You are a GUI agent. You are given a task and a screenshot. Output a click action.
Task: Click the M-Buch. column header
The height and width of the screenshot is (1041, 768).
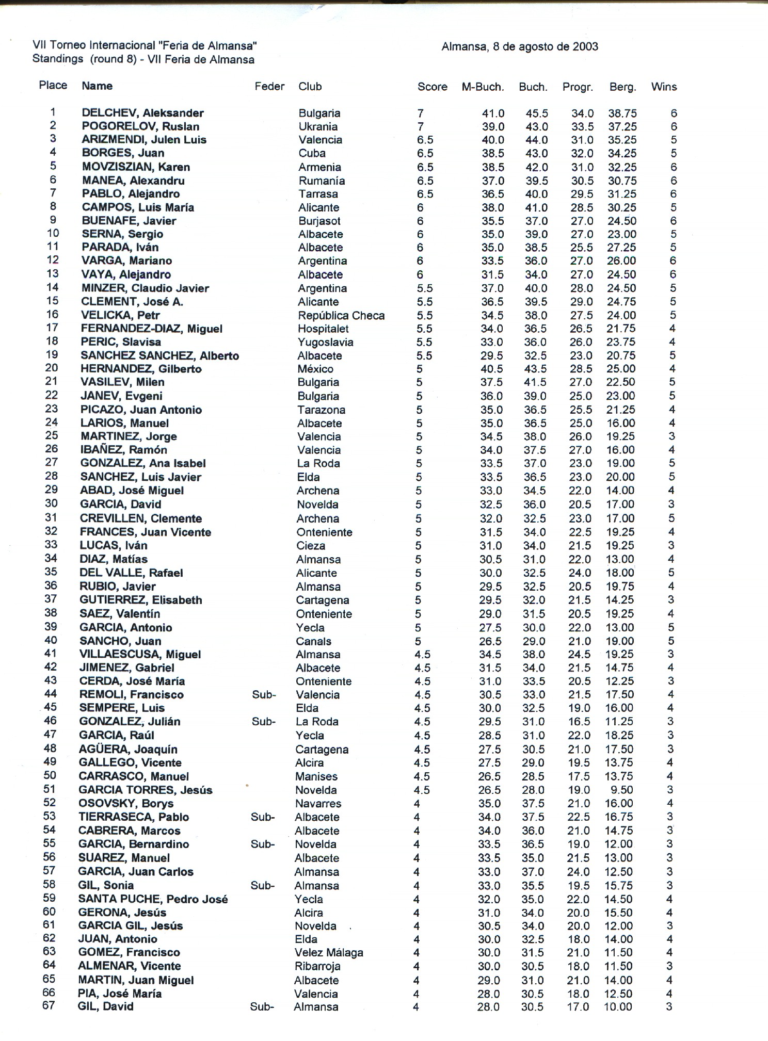[x=482, y=87]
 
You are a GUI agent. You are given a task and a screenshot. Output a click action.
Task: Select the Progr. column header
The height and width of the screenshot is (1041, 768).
[x=577, y=87]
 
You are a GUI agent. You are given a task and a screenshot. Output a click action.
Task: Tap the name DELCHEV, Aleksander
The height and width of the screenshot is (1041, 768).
[x=142, y=113]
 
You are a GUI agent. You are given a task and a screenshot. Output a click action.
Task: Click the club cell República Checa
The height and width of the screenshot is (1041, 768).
[x=341, y=315]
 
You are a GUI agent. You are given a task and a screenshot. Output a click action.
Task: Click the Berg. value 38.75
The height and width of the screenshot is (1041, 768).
[x=622, y=113]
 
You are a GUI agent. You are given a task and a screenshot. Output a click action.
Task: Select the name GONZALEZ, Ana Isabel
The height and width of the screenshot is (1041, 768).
[x=143, y=463]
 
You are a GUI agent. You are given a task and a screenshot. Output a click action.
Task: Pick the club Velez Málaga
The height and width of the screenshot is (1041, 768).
[x=328, y=952]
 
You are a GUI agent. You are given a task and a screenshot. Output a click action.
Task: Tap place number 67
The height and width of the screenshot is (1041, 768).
[x=49, y=1006]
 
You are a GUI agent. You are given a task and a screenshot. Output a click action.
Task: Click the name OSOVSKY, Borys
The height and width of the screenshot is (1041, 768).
[x=125, y=803]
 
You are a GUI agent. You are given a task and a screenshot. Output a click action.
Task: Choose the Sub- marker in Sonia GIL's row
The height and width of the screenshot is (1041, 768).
[x=262, y=886]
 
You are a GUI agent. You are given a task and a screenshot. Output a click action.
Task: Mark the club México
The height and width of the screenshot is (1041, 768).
[x=315, y=369]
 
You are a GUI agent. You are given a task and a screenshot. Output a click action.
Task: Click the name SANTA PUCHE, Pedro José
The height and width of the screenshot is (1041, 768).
[x=153, y=899]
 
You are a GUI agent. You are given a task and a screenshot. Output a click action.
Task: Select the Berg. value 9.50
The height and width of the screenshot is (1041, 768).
[x=622, y=790]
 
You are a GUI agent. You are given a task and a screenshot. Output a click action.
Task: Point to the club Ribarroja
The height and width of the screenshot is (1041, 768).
[x=317, y=966]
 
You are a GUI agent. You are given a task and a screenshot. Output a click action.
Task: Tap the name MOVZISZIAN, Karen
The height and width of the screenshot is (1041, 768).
[x=136, y=167]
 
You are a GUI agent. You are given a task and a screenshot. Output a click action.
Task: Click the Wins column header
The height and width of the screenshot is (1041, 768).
[x=663, y=87]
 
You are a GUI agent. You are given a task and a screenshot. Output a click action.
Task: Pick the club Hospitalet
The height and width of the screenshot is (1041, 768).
[x=323, y=329]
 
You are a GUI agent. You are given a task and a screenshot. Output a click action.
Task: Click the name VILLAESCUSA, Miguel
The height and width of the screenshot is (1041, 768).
[x=139, y=654]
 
